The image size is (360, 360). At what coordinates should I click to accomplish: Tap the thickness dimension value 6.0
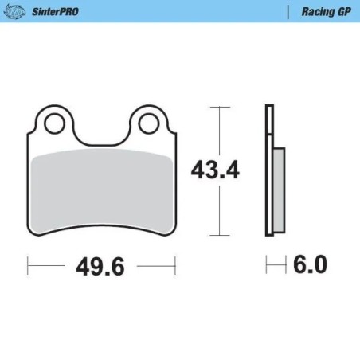(x=310, y=265)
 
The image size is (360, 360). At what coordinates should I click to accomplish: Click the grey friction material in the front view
(x=101, y=191)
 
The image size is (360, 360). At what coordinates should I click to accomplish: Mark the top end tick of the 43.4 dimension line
(x=217, y=105)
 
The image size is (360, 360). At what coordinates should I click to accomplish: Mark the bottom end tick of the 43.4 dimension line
(x=217, y=235)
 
